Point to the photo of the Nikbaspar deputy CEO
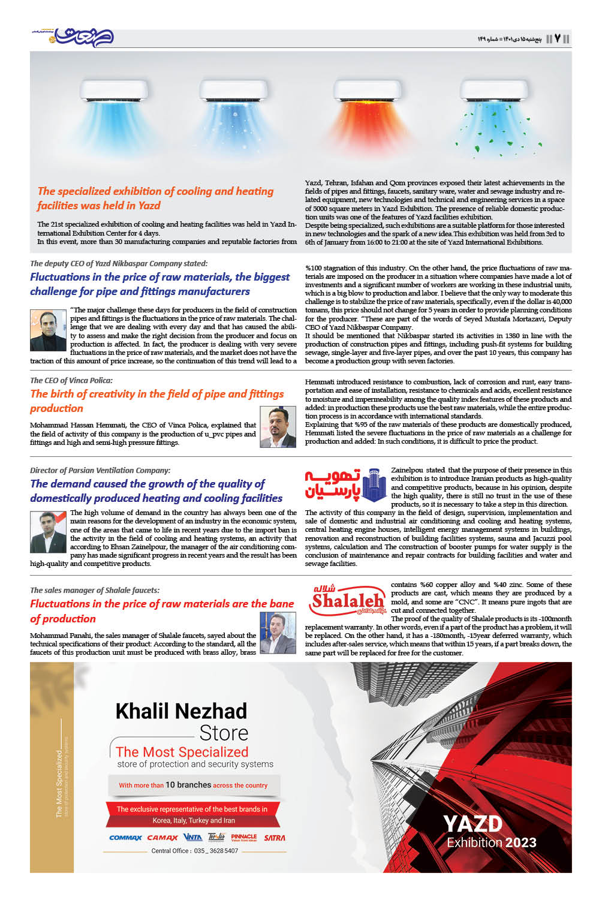click(48, 330)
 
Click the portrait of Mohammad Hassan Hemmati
click(278, 427)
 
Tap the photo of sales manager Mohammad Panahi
click(278, 633)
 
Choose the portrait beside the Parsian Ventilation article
click(48, 532)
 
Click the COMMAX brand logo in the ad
click(125, 838)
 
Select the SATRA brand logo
click(275, 838)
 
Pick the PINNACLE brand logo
click(243, 837)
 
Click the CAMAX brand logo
click(162, 838)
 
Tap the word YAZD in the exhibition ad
click(472, 824)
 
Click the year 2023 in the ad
click(520, 843)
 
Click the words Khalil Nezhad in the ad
click(181, 711)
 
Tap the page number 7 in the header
click(558, 38)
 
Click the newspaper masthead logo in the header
click(81, 37)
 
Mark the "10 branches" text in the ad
click(188, 785)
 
